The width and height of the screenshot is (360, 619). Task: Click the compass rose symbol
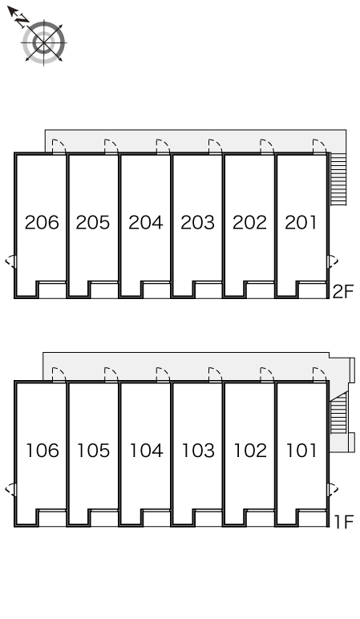point(43,42)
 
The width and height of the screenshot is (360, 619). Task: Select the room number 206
point(42,222)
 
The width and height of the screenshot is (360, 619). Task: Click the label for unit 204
point(146,222)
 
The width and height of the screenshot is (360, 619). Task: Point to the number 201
point(301,222)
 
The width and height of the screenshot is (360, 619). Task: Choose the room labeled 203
point(198,222)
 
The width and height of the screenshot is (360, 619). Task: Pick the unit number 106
point(42,451)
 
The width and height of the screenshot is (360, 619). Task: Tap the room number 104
point(146,451)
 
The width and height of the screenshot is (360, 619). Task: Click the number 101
point(301,451)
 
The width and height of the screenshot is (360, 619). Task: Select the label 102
point(250,451)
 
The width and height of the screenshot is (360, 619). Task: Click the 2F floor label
point(343,292)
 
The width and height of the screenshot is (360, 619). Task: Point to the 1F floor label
point(344,522)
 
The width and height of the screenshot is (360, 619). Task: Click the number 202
point(249,222)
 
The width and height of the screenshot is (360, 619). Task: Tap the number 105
point(94,451)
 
